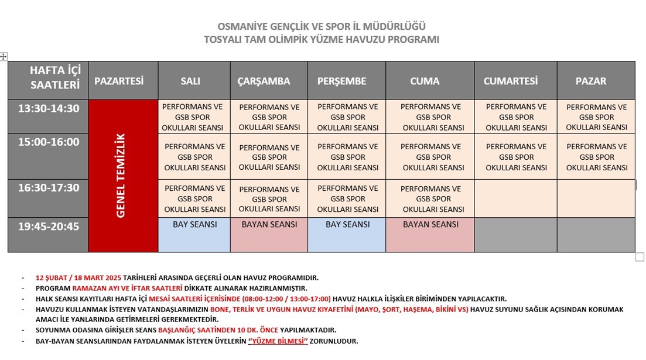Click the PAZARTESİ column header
tap(119, 81)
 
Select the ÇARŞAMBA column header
tap(264, 81)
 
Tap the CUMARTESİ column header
tap(510, 81)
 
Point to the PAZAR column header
tap(591, 81)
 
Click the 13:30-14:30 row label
tap(48, 108)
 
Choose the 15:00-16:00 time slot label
tap(48, 142)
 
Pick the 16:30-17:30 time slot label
tap(48, 187)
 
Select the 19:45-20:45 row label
tap(48, 227)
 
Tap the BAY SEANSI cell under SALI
tap(194, 225)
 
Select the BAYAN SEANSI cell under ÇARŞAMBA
tap(269, 225)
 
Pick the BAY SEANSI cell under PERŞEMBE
tap(347, 225)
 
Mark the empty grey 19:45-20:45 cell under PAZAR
tap(596, 235)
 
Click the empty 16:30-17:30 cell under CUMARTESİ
tap(515, 198)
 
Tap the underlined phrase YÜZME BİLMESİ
tap(278, 341)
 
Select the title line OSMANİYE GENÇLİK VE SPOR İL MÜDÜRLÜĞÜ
tap(321, 26)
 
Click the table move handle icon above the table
tap(4, 56)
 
